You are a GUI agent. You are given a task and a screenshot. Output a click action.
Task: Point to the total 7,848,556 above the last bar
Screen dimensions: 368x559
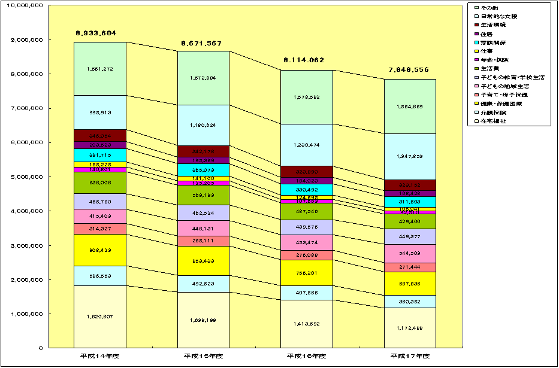pos(410,69)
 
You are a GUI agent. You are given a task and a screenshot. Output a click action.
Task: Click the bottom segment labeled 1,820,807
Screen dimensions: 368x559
pos(100,316)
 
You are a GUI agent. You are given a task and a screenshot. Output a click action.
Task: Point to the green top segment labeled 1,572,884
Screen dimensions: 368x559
pos(203,78)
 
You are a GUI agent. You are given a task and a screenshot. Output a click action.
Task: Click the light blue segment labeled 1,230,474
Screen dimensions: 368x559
pos(307,145)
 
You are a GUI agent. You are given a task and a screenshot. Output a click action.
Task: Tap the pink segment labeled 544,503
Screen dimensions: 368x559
pos(410,253)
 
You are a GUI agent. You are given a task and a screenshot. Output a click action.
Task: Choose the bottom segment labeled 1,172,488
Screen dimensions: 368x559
pos(410,327)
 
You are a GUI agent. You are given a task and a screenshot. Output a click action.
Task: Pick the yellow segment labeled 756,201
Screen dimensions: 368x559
pos(307,272)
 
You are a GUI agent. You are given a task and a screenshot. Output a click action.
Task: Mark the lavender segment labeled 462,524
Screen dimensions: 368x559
pos(203,212)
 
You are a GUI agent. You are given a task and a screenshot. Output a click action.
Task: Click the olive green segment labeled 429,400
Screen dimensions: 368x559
pos(410,221)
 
